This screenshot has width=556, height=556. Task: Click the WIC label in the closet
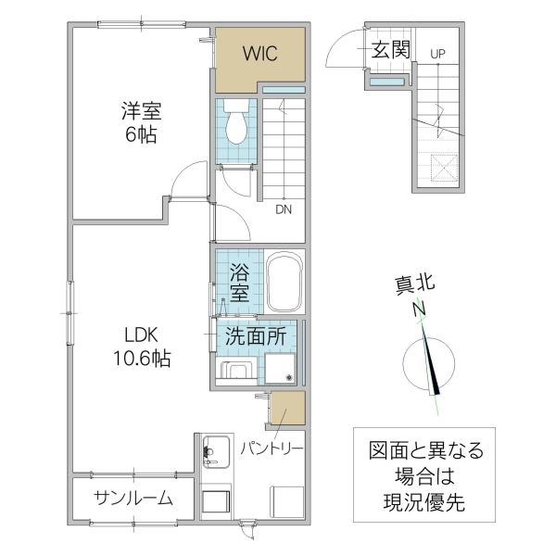click(260, 53)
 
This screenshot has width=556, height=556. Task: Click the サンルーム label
click(133, 498)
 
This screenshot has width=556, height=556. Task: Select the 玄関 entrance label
click(390, 49)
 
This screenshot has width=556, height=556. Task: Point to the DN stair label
click(283, 209)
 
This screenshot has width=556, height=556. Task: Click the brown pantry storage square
click(288, 408)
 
